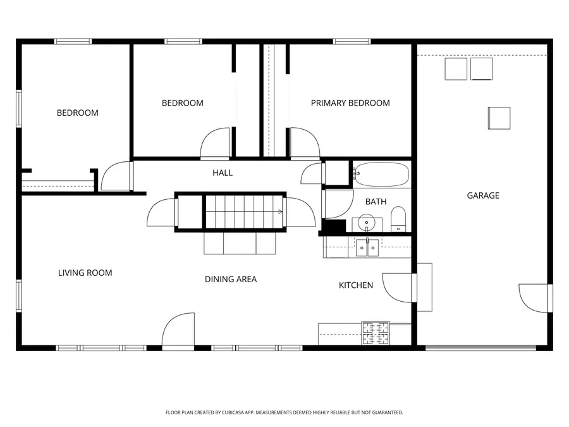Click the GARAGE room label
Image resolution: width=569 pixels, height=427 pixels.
pyautogui.click(x=483, y=195)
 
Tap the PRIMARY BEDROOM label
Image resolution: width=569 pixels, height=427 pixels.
pyautogui.click(x=350, y=103)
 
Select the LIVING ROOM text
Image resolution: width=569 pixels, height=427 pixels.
pyautogui.click(x=85, y=273)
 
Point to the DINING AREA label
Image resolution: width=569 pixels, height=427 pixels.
pyautogui.click(x=231, y=279)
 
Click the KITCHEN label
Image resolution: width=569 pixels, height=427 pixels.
pyautogui.click(x=356, y=285)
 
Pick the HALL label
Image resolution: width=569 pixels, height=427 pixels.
pyautogui.click(x=222, y=173)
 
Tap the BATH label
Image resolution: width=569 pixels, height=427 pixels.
pyautogui.click(x=376, y=202)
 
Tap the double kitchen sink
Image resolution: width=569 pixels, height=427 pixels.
pyautogui.click(x=367, y=247)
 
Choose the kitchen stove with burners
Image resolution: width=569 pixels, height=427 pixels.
pyautogui.click(x=376, y=333)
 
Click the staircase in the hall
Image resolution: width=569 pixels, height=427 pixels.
pyautogui.click(x=244, y=212)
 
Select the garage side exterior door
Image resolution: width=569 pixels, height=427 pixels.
pyautogui.click(x=534, y=298)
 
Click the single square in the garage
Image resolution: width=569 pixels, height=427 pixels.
pyautogui.click(x=498, y=117)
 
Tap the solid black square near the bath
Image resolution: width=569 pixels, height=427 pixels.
pyautogui.click(x=334, y=226)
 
